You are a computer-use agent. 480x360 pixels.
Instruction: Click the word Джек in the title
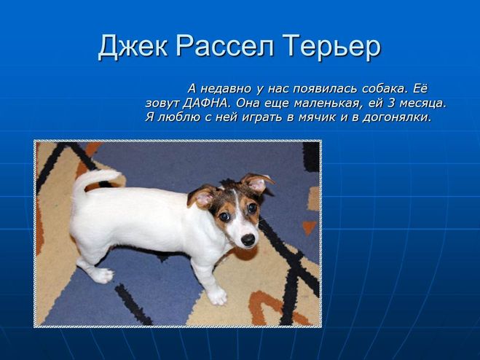133,47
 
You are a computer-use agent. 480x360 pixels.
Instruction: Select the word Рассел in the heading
224,46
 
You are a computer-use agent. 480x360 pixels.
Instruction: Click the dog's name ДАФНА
206,103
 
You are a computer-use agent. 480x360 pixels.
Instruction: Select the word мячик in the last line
317,117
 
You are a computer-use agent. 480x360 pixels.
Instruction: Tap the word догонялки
397,117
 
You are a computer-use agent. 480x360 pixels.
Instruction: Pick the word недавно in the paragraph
226,89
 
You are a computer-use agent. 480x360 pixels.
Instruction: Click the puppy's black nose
248,240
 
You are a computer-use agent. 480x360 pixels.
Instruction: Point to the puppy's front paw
217,296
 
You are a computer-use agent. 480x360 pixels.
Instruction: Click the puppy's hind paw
102,275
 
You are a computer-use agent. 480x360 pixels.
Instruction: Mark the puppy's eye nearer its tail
224,216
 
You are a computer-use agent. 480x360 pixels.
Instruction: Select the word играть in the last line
262,117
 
